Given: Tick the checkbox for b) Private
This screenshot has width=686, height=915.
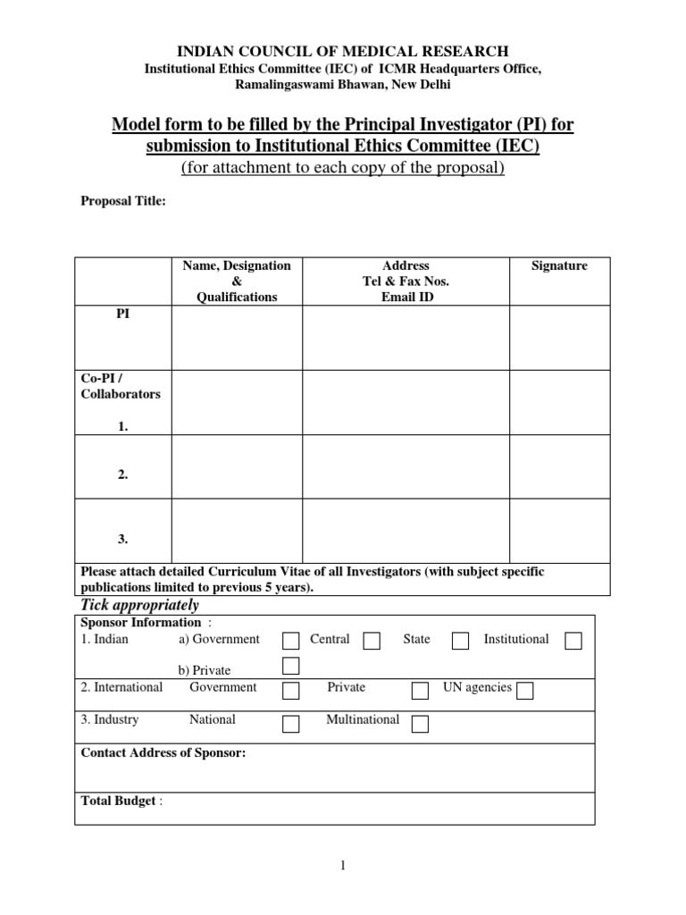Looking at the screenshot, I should [x=291, y=666].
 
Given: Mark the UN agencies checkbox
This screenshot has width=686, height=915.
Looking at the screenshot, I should [x=525, y=690].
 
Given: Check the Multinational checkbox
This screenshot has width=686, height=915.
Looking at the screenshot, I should [x=420, y=723].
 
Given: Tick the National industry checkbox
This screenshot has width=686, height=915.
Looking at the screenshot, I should [x=291, y=723].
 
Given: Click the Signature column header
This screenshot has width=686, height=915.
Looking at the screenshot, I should [x=559, y=266].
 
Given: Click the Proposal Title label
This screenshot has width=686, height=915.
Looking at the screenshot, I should [x=123, y=202].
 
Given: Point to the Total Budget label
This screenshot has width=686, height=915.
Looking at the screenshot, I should [x=120, y=802].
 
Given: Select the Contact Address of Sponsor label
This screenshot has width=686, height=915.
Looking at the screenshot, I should [x=163, y=753].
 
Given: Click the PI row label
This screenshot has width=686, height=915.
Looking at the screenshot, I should [x=122, y=315].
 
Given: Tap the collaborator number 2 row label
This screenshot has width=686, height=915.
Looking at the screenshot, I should [x=122, y=475].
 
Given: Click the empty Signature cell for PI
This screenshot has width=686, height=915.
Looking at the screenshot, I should [x=559, y=338].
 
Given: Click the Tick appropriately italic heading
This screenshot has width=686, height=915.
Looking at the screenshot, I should [x=140, y=606].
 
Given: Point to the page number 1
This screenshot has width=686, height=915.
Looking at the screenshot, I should [x=341, y=865].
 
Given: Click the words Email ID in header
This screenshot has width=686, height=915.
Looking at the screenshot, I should [x=406, y=298].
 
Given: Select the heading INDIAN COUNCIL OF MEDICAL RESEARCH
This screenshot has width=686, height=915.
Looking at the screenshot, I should [x=342, y=52].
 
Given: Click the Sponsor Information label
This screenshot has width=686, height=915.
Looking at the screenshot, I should [x=141, y=622].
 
